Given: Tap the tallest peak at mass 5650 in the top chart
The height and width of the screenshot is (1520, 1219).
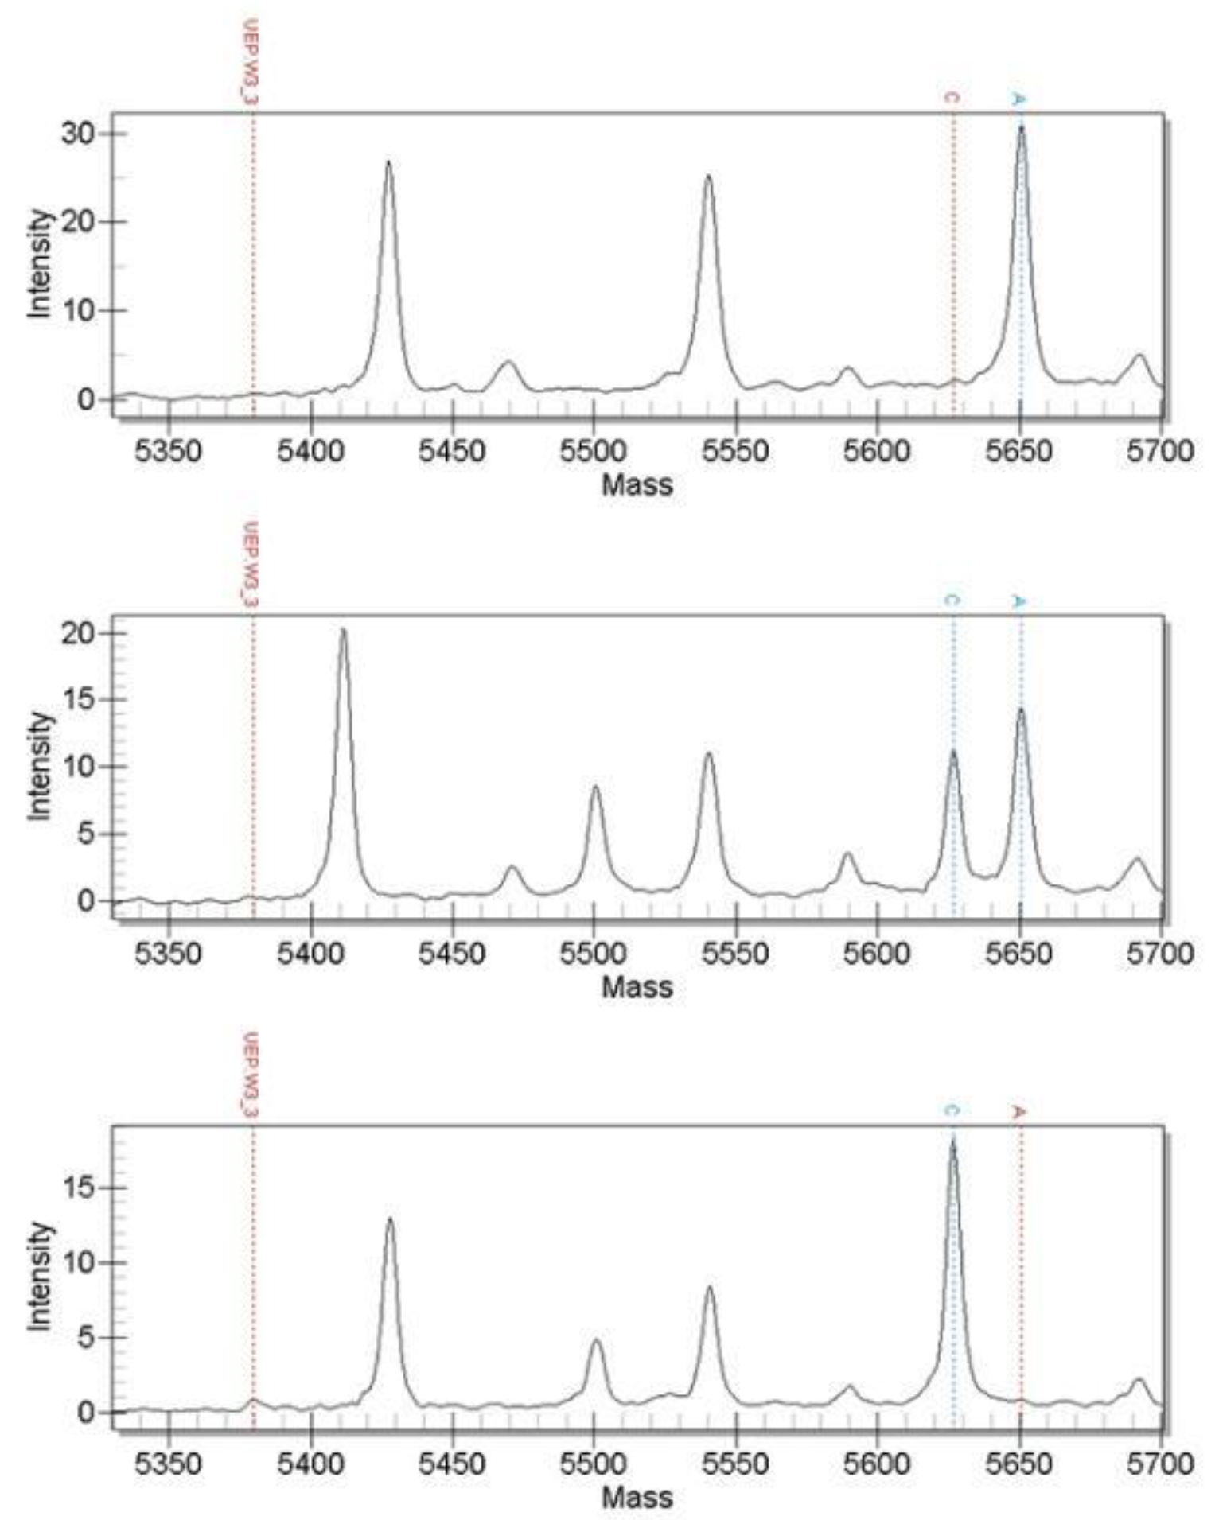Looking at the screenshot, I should click(x=1021, y=128).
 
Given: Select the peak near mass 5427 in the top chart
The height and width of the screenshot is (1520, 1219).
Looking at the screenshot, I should click(x=388, y=163).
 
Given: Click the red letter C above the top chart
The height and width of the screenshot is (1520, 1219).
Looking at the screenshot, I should click(x=952, y=98).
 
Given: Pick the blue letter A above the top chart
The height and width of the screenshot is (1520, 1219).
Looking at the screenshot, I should click(x=1019, y=99).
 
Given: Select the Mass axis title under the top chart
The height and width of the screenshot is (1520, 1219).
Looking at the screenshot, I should click(x=637, y=484).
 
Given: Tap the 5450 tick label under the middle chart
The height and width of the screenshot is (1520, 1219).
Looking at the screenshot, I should click(x=452, y=953).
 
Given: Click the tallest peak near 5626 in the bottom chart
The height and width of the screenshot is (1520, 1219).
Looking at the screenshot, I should click(x=952, y=1142).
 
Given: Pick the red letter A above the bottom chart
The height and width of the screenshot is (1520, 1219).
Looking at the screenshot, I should click(x=1018, y=1111).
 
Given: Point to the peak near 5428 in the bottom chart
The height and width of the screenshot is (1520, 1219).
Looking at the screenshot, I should click(x=390, y=1219).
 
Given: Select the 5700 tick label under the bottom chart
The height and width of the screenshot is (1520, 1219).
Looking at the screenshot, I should click(x=1160, y=1464).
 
